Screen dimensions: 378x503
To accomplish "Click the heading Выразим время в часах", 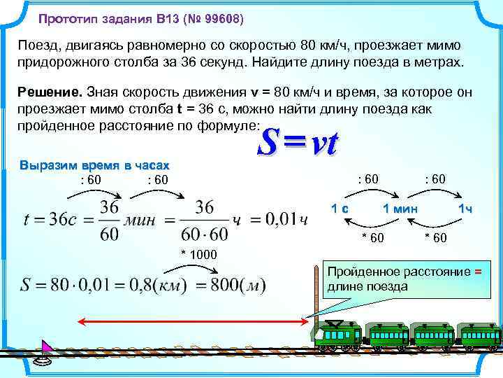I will click(94, 166).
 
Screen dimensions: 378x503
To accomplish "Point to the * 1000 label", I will click(199, 253).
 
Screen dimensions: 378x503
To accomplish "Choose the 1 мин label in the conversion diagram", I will click(400, 209).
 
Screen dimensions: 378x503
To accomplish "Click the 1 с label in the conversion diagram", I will click(340, 209).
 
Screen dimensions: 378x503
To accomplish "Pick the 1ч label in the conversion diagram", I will click(465, 209).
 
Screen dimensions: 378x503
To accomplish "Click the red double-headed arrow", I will click(192, 321).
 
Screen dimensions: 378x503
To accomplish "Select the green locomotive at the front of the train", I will click(337, 335).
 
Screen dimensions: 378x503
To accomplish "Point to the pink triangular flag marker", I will click(47, 347).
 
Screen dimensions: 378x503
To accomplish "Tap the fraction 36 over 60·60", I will click(204, 220).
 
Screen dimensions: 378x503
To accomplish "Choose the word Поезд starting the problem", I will click(39, 45).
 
